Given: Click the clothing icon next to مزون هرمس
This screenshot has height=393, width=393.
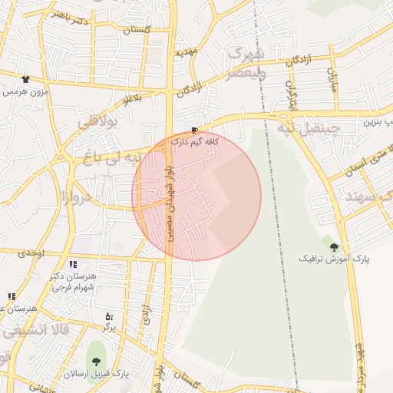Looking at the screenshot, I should pyautogui.click(x=25, y=79).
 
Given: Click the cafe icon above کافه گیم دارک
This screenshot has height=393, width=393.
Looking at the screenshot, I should pyautogui.click(x=195, y=130).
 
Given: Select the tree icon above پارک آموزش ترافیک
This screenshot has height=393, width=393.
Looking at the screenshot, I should pyautogui.click(x=334, y=246).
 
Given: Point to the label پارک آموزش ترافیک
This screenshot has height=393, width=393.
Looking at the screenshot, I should pyautogui.click(x=334, y=259).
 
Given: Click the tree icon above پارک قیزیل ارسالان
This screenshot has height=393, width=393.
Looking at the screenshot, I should pyautogui.click(x=96, y=362).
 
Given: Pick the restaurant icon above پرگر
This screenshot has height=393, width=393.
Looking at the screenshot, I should pyautogui.click(x=109, y=315).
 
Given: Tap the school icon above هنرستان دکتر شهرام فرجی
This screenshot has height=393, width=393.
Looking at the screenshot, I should pyautogui.click(x=73, y=264).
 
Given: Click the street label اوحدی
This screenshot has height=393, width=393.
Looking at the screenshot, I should pyautogui.click(x=33, y=253).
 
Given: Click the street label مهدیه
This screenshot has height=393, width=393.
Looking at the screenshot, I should pyautogui.click(x=187, y=54).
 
